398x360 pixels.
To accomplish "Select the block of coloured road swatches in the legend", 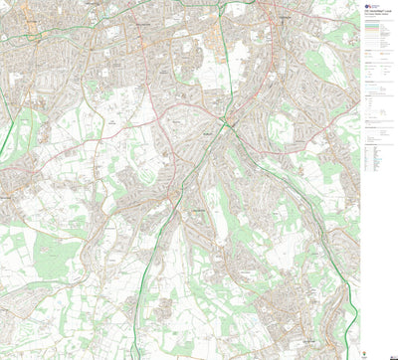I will point(377,40).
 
